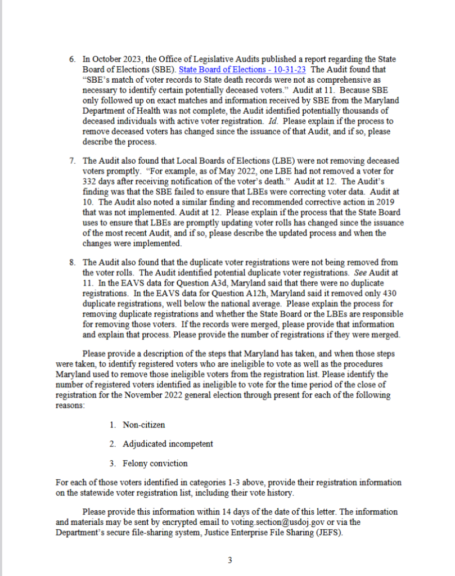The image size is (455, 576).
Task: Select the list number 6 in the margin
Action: [72, 58]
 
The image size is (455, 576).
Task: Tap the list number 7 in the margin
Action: [72, 160]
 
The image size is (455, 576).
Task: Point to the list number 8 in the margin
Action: [72, 262]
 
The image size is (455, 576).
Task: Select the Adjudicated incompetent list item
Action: [168, 444]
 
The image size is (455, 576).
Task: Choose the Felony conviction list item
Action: [155, 463]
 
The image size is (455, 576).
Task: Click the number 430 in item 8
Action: [390, 293]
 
